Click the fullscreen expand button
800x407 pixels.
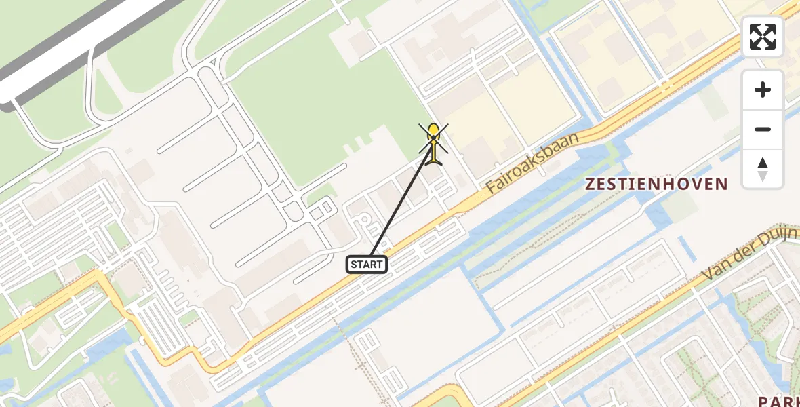[763, 37]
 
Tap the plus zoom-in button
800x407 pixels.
[763, 90]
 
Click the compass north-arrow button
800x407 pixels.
[763, 169]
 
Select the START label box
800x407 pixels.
[367, 265]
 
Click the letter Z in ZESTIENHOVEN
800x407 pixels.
[590, 184]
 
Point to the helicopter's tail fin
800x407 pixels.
[434, 160]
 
